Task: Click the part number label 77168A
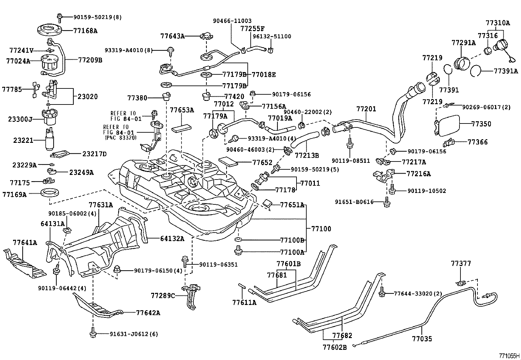[x=85, y=31]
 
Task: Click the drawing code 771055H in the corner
[x=509, y=356]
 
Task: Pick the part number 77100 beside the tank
[x=321, y=229]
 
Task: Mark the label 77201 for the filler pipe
[x=366, y=109]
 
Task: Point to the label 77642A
[x=148, y=313]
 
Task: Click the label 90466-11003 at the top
[x=232, y=21]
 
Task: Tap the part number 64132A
[x=172, y=238]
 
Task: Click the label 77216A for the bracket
[x=419, y=174]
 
